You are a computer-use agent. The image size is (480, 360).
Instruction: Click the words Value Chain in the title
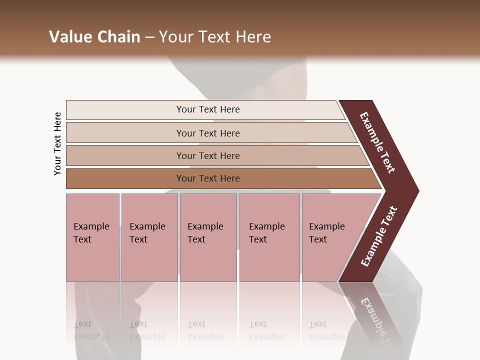[x=94, y=37]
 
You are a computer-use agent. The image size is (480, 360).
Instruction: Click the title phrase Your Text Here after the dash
[x=215, y=37]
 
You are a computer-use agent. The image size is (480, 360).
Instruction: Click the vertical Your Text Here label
[x=57, y=143]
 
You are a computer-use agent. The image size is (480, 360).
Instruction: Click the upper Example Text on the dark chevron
[x=377, y=142]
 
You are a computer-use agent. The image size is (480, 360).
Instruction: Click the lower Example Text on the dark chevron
[x=379, y=236]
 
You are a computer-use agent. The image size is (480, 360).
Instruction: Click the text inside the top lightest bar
[x=208, y=109]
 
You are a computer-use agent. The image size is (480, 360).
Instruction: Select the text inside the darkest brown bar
[x=208, y=178]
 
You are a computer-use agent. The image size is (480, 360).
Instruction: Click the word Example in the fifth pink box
[x=326, y=226]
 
